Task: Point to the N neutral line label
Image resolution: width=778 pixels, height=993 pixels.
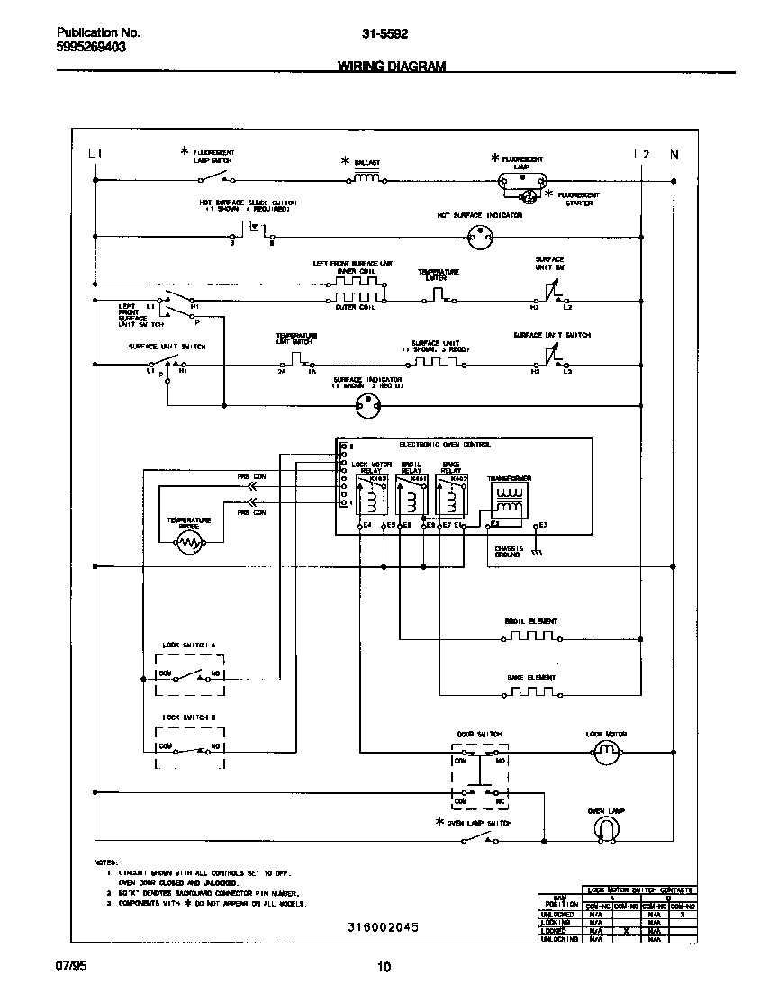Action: [x=674, y=155]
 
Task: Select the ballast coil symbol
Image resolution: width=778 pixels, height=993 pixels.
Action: [x=366, y=178]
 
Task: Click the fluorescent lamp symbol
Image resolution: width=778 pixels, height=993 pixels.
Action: [x=522, y=178]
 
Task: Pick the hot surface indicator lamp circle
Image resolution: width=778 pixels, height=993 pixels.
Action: [x=481, y=239]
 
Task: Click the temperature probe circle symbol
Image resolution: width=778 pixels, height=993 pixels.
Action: [x=188, y=543]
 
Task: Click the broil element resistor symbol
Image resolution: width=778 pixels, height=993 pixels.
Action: [x=531, y=637]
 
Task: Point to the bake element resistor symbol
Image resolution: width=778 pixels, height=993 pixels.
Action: [x=531, y=691]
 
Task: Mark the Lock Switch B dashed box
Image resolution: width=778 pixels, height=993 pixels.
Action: [x=190, y=747]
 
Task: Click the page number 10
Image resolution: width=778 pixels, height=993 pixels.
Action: [x=384, y=968]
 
